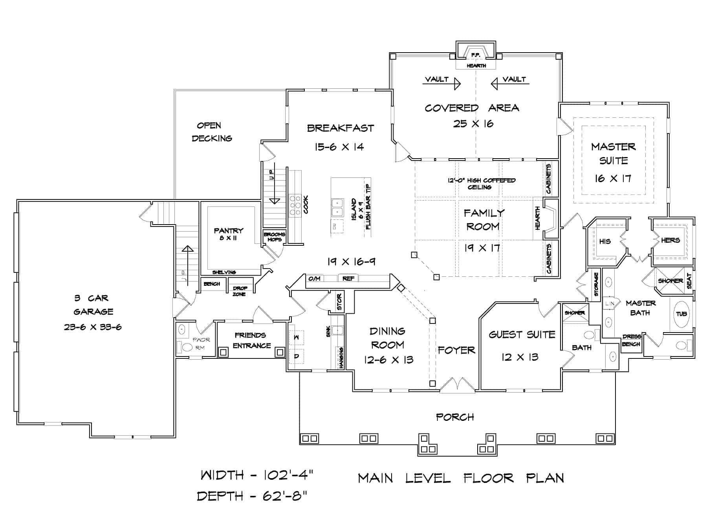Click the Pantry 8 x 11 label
228,234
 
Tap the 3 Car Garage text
93,305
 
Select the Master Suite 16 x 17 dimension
613,179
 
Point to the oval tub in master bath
681,314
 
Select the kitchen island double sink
337,207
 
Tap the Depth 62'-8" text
252,496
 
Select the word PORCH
455,417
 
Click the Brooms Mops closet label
274,237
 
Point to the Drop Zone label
239,291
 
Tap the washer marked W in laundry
297,337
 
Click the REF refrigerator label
348,278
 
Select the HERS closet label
670,240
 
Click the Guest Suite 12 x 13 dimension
519,357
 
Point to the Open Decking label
211,132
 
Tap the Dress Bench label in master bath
631,340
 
